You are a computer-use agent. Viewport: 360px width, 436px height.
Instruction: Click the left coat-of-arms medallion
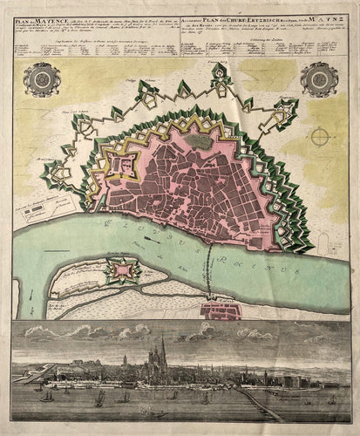point(40,80)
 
